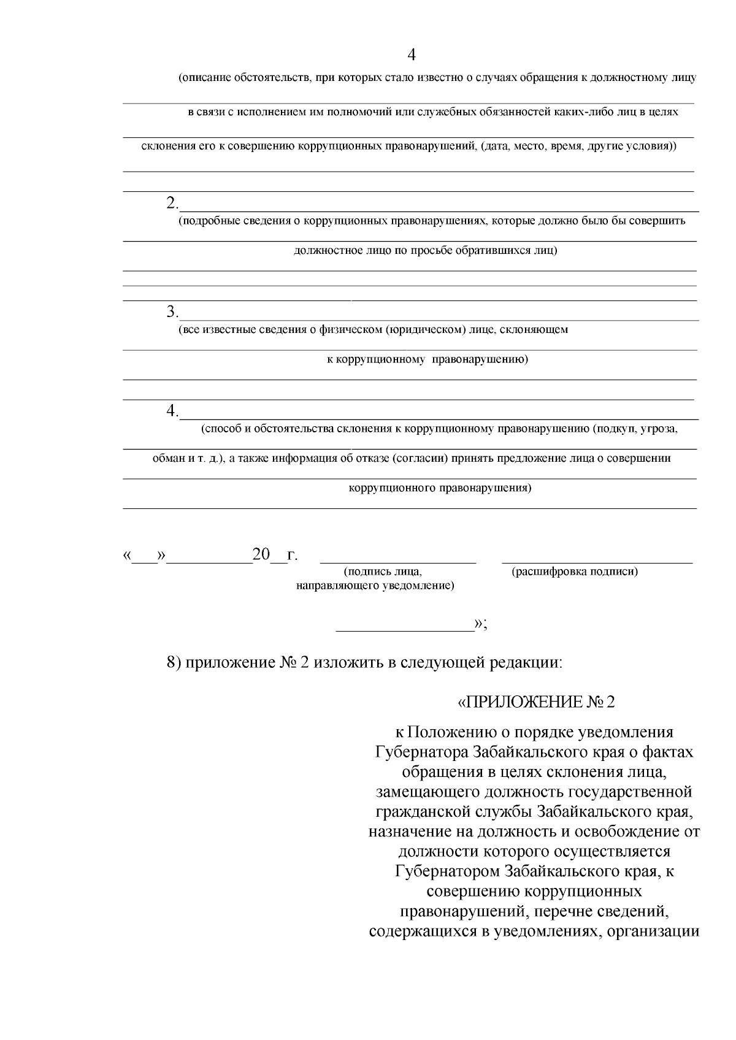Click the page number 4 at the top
[x=412, y=55]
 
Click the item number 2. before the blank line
[x=172, y=203]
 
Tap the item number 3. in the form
[x=172, y=312]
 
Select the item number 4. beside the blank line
[x=172, y=410]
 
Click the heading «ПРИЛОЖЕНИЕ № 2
[x=536, y=702]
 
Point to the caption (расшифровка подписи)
[x=575, y=572]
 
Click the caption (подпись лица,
[x=383, y=572]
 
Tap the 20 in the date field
[x=261, y=555]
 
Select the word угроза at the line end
[x=659, y=429]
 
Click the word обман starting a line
[x=167, y=458]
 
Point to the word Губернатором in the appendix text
[x=448, y=871]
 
